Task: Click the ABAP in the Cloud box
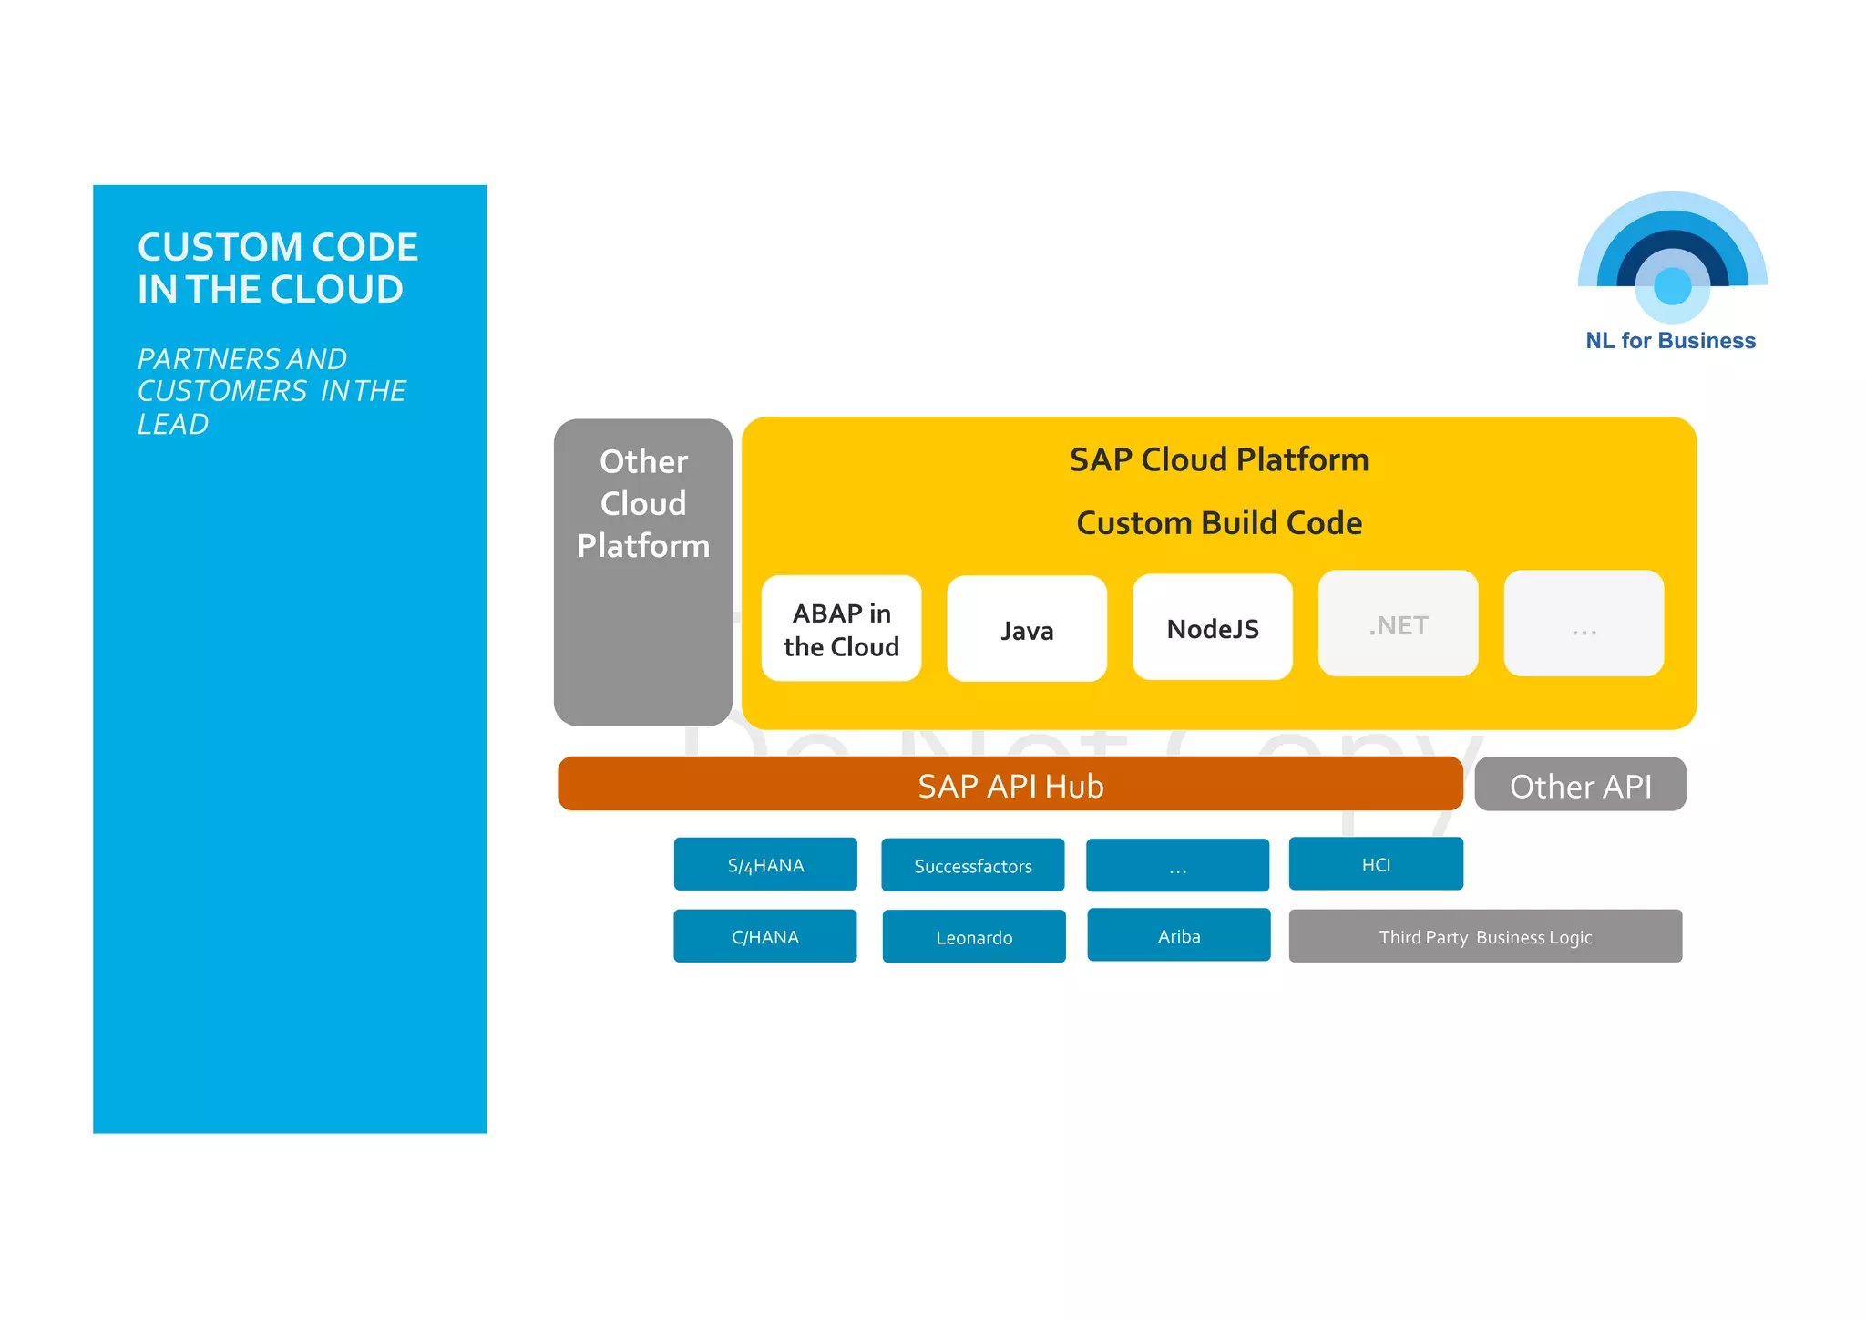pos(841,629)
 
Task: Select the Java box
pos(1027,629)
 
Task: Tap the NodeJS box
pos(1212,628)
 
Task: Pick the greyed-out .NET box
pos(1398,624)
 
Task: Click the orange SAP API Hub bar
pos(1010,785)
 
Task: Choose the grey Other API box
pos(1580,785)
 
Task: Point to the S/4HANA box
pos(765,864)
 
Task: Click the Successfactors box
pos(972,865)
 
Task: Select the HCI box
pos(1376,864)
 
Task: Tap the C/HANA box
pos(764,936)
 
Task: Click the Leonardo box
pos(973,937)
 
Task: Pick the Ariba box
pos(1178,935)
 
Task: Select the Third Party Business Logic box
pos(1485,936)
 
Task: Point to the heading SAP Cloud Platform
pos(1218,459)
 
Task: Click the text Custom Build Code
pos(1218,523)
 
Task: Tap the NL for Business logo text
pos(1670,341)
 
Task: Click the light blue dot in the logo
pos(1672,286)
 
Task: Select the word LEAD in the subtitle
pos(173,425)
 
